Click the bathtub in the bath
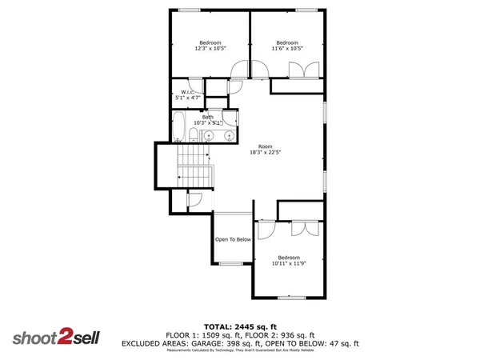(179, 127)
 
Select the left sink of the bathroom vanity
(208, 137)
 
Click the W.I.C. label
(187, 92)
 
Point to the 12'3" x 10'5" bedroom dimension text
(210, 49)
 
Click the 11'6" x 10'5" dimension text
(287, 49)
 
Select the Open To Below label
(233, 239)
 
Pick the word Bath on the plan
(207, 117)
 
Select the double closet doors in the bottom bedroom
(298, 228)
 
